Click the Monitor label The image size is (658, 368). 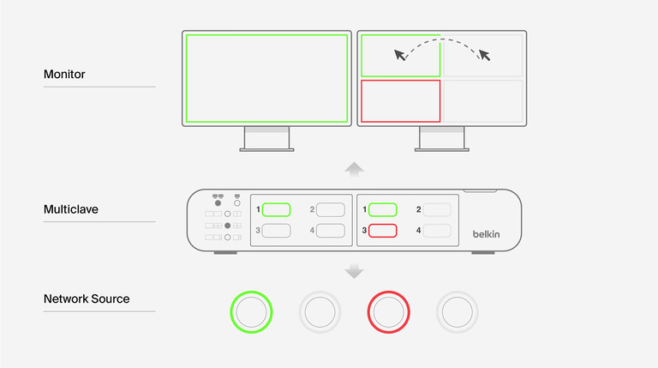(64, 75)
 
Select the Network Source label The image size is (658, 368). (87, 299)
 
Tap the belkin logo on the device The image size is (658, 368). (489, 233)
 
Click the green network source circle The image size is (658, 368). (251, 311)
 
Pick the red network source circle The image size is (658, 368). (388, 311)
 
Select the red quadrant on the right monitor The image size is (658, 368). (401, 101)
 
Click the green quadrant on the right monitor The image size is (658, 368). (401, 57)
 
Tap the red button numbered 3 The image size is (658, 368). (383, 230)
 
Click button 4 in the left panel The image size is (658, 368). (330, 230)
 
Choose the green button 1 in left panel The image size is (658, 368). (276, 209)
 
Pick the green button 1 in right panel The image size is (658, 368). (383, 209)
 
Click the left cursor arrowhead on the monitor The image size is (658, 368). (399, 56)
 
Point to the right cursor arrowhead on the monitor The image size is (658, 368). (485, 56)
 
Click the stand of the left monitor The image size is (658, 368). (266, 139)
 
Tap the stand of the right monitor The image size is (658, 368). (441, 139)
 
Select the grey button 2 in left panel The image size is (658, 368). (330, 209)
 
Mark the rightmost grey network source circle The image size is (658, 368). (457, 311)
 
